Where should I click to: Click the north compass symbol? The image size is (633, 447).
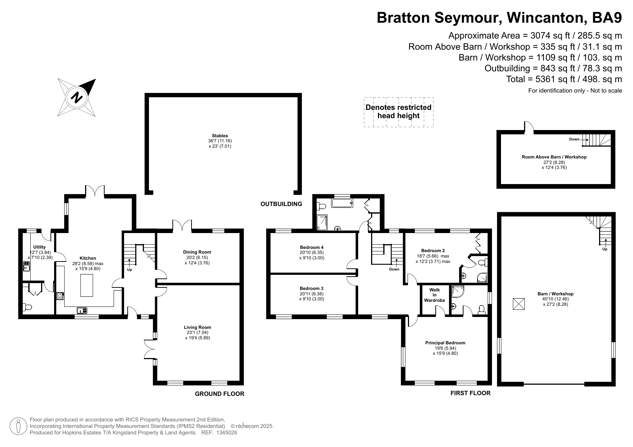tap(77, 98)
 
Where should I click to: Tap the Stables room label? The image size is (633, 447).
tap(220, 136)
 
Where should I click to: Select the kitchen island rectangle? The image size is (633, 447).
tap(87, 285)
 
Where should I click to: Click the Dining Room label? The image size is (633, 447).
tap(197, 252)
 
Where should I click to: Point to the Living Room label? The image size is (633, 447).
tap(197, 327)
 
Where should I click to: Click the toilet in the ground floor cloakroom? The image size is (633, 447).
tap(27, 307)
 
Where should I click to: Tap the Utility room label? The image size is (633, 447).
tap(39, 247)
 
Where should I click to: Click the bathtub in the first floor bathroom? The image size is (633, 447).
tap(342, 204)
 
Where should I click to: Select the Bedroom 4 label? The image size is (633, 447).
tap(312, 247)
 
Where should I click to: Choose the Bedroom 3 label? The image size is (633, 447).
tap(312, 289)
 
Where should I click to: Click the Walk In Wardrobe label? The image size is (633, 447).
tap(435, 295)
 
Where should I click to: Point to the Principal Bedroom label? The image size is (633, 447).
tap(445, 343)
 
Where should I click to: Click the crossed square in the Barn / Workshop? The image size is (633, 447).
tap(519, 304)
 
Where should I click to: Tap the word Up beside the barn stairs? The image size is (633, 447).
tap(605, 249)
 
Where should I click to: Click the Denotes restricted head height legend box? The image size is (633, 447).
tap(399, 112)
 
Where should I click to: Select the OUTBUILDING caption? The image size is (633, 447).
tap(281, 204)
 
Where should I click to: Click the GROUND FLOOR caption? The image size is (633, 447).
tap(220, 394)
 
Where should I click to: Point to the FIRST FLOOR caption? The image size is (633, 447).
tap(470, 393)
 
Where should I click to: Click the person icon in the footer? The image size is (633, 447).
tap(18, 426)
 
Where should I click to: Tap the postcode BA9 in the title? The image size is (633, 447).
tap(607, 18)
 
